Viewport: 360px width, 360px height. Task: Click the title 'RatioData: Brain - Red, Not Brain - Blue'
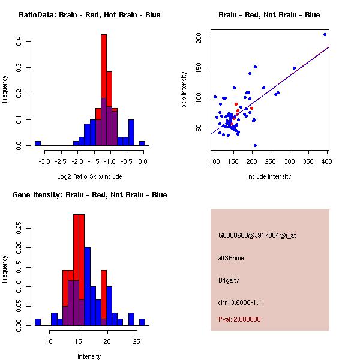click(x=89, y=15)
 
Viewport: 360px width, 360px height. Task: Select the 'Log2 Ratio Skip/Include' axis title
click(x=89, y=176)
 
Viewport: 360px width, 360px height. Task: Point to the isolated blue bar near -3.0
click(x=38, y=143)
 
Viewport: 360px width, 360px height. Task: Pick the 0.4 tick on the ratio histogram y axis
click(x=19, y=42)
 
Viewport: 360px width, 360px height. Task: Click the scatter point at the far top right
click(x=325, y=34)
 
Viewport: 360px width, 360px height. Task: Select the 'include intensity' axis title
click(x=269, y=176)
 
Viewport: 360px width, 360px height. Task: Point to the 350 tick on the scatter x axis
click(x=308, y=161)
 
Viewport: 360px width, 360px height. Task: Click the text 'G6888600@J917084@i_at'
click(x=257, y=235)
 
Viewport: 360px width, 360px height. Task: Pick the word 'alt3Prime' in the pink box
click(x=231, y=258)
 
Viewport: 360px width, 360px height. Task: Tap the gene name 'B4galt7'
click(x=229, y=280)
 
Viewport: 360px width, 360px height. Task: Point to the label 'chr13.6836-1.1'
click(x=240, y=302)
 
